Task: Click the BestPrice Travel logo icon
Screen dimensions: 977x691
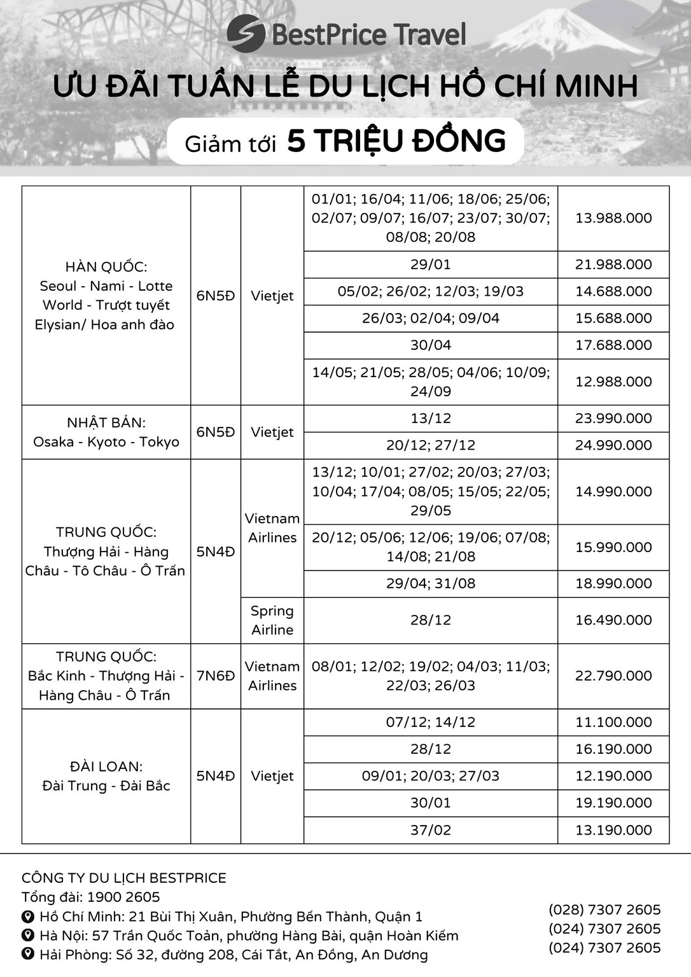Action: [246, 34]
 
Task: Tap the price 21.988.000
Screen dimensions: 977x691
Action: [613, 264]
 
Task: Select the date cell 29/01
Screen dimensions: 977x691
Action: [430, 264]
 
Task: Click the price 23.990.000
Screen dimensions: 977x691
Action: [613, 418]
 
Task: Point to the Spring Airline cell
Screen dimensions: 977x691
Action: [272, 620]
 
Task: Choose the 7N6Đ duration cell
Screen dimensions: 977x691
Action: [215, 676]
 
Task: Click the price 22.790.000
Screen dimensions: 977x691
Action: [613, 676]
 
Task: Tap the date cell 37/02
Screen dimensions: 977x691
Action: [430, 829]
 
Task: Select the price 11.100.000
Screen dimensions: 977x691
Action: [613, 722]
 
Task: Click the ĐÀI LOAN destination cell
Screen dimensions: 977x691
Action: [106, 776]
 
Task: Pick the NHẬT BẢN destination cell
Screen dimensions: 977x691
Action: [106, 432]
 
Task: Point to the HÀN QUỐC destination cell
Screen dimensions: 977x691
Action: [105, 296]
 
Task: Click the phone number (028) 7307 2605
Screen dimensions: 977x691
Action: [604, 910]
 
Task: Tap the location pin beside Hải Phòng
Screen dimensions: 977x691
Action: [28, 954]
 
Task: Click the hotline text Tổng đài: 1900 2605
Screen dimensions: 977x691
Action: [91, 897]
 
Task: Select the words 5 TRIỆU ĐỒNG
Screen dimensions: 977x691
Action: [396, 141]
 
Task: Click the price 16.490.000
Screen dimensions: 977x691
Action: [613, 620]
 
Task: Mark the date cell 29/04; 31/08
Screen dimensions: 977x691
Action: [430, 583]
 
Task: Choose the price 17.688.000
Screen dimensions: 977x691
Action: [613, 345]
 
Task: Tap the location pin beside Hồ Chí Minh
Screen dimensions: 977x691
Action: [28, 917]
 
